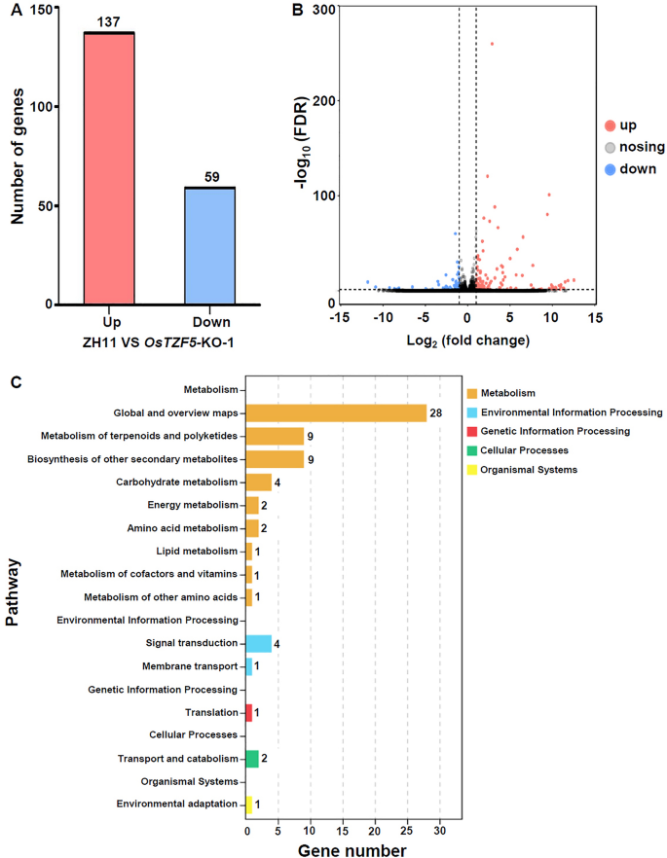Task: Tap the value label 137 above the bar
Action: click(x=109, y=22)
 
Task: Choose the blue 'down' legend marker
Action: click(x=609, y=168)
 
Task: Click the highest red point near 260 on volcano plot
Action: click(x=492, y=44)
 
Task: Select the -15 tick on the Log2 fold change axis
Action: click(x=340, y=317)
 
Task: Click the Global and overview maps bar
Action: click(x=336, y=412)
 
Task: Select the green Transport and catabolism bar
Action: click(x=252, y=759)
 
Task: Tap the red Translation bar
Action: click(x=248, y=713)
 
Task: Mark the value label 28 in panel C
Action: click(x=436, y=412)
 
